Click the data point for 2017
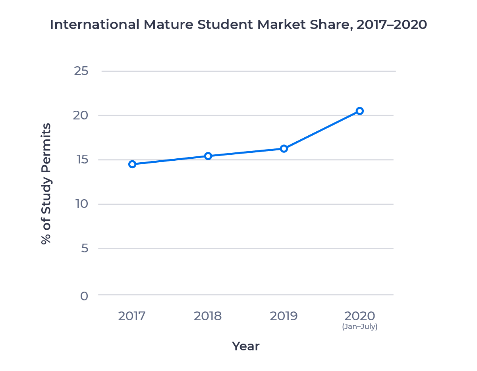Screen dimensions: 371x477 point(132,164)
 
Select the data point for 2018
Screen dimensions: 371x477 point(208,156)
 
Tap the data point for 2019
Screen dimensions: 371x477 point(284,148)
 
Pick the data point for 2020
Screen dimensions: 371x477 point(359,111)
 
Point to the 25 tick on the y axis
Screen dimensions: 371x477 point(81,71)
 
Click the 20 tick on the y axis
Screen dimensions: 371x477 point(81,115)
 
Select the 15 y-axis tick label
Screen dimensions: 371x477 point(81,160)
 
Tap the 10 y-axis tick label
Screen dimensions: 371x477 point(81,204)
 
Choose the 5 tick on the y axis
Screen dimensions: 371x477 point(83,249)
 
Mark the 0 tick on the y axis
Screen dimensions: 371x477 point(84,296)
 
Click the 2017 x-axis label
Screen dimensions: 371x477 point(132,316)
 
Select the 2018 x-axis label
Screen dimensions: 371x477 point(208,316)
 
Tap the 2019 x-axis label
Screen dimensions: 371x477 point(284,316)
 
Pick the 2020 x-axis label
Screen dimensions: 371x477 point(359,316)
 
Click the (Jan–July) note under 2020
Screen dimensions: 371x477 point(359,327)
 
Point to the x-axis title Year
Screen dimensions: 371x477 point(245,346)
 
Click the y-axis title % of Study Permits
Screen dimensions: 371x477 point(46,183)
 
